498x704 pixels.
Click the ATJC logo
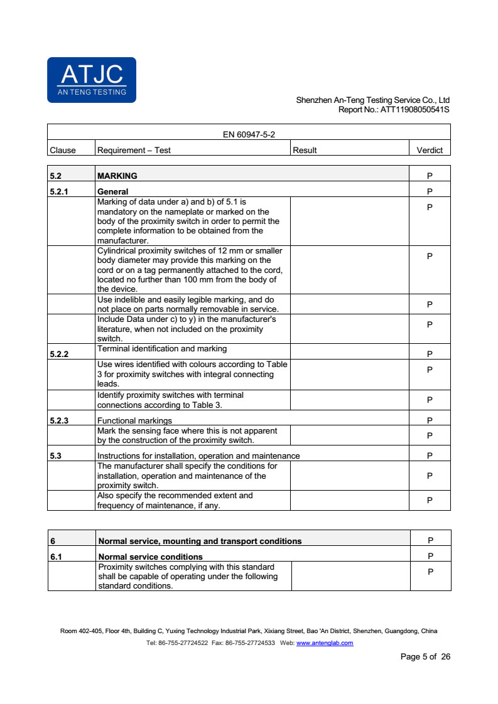tap(92, 80)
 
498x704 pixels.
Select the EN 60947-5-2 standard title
tap(249, 134)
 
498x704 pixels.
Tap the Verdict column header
tap(430, 150)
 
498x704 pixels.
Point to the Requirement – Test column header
tap(134, 150)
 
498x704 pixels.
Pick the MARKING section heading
tap(117, 176)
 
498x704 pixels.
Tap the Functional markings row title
tap(134, 420)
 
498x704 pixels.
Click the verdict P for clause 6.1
tap(430, 556)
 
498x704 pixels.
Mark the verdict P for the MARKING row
tap(430, 176)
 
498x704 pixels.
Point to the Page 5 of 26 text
tap(425, 657)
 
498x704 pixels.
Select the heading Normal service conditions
tap(151, 557)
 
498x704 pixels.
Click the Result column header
tap(305, 150)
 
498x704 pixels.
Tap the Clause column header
tap(62, 150)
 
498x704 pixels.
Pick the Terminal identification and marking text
tap(162, 348)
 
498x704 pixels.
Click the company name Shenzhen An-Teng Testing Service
tap(372, 100)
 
